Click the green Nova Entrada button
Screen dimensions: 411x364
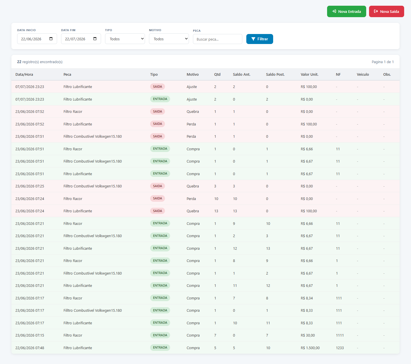[346, 11]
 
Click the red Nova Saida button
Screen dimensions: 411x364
[386, 11]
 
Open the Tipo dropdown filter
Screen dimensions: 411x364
[125, 39]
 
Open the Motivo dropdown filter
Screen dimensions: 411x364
[169, 39]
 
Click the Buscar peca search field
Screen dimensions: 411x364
[217, 39]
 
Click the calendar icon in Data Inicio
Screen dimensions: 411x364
[51, 39]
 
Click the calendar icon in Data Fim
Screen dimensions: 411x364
[95, 39]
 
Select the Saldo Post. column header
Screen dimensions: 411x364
[275, 74]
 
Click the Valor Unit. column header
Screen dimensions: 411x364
[309, 74]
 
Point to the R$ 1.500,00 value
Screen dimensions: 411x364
[310, 348]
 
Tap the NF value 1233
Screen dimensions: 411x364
[340, 348]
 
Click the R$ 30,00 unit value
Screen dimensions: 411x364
[308, 335]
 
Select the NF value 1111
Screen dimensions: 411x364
[340, 335]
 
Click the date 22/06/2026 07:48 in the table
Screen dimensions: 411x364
[30, 348]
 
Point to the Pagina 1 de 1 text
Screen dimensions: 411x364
[382, 62]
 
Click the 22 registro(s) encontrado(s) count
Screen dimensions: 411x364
[40, 62]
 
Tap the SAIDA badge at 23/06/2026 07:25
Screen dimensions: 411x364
[158, 186]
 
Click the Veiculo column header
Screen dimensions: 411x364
[363, 74]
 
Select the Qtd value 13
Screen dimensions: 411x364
[216, 211]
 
